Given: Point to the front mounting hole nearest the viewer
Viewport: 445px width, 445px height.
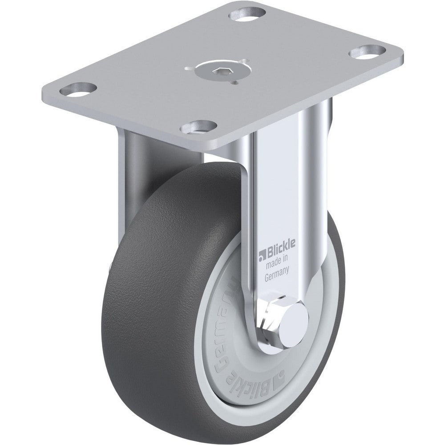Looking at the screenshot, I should pyautogui.click(x=198, y=127).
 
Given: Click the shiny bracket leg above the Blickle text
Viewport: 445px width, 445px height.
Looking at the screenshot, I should pyautogui.click(x=278, y=187).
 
